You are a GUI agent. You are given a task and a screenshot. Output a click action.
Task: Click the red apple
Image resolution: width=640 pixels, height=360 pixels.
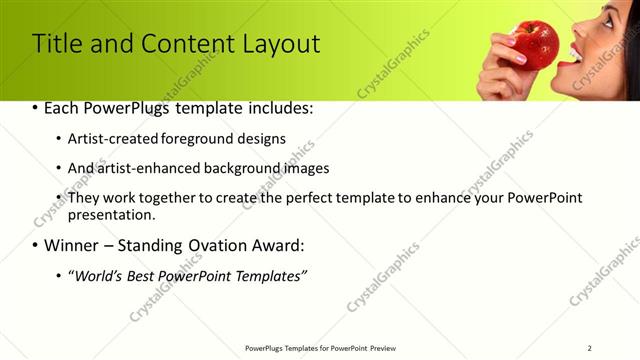pos(536,44)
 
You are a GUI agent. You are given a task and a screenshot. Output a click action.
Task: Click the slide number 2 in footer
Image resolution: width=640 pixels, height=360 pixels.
pos(590,347)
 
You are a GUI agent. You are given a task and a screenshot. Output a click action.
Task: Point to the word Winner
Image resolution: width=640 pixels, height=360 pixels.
pos(74,245)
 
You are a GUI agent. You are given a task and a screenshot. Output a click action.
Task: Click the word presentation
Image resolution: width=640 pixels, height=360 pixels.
pos(111,214)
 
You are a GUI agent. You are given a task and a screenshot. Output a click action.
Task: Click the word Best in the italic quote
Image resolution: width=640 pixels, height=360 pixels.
pos(150,275)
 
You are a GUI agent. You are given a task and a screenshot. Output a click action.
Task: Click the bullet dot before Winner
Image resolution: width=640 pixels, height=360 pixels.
pos(36,246)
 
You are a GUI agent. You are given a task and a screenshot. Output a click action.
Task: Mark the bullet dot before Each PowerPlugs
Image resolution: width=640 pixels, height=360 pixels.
pos(36,108)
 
